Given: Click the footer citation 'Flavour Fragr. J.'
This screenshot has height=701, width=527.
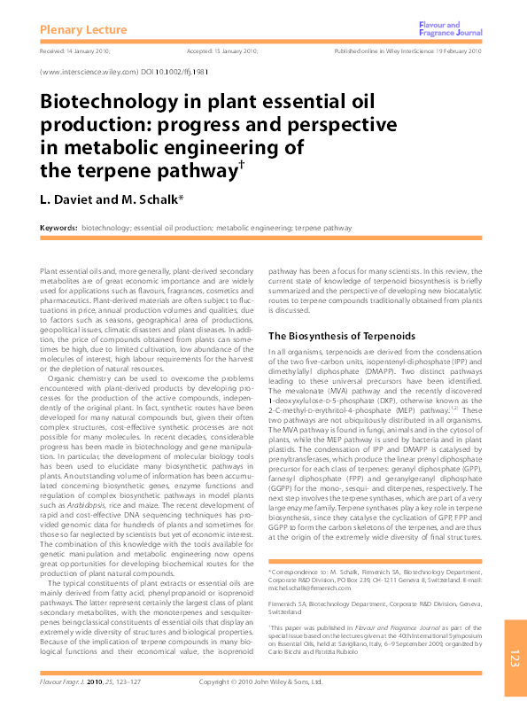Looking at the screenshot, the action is [66, 682].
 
